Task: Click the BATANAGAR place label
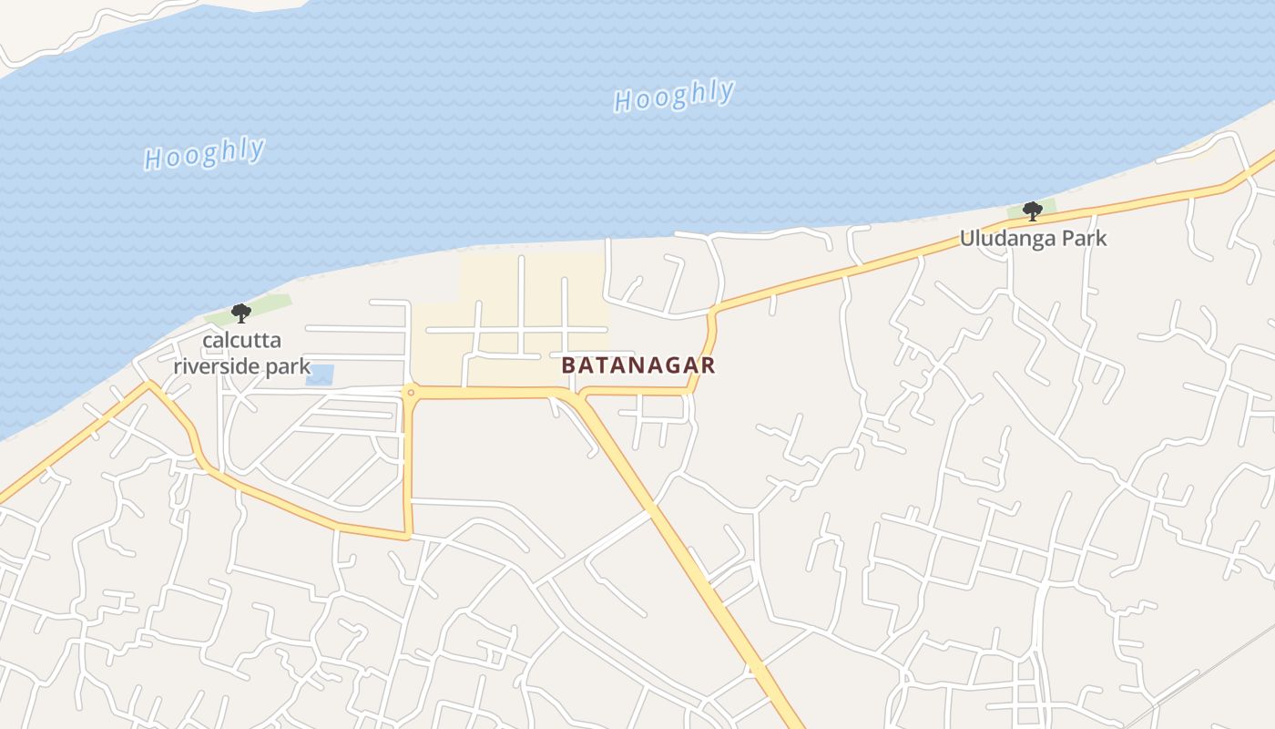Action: point(637,365)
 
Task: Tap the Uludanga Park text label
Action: point(1033,239)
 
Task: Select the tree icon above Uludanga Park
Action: point(1032,211)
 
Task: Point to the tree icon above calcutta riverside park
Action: point(240,313)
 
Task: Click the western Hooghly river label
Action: point(205,154)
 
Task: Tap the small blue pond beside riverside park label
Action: point(320,375)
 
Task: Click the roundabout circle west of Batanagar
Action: point(411,393)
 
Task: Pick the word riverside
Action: point(217,368)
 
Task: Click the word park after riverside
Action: point(287,368)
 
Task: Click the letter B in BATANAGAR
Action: point(568,365)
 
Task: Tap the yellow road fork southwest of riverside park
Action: point(149,385)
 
